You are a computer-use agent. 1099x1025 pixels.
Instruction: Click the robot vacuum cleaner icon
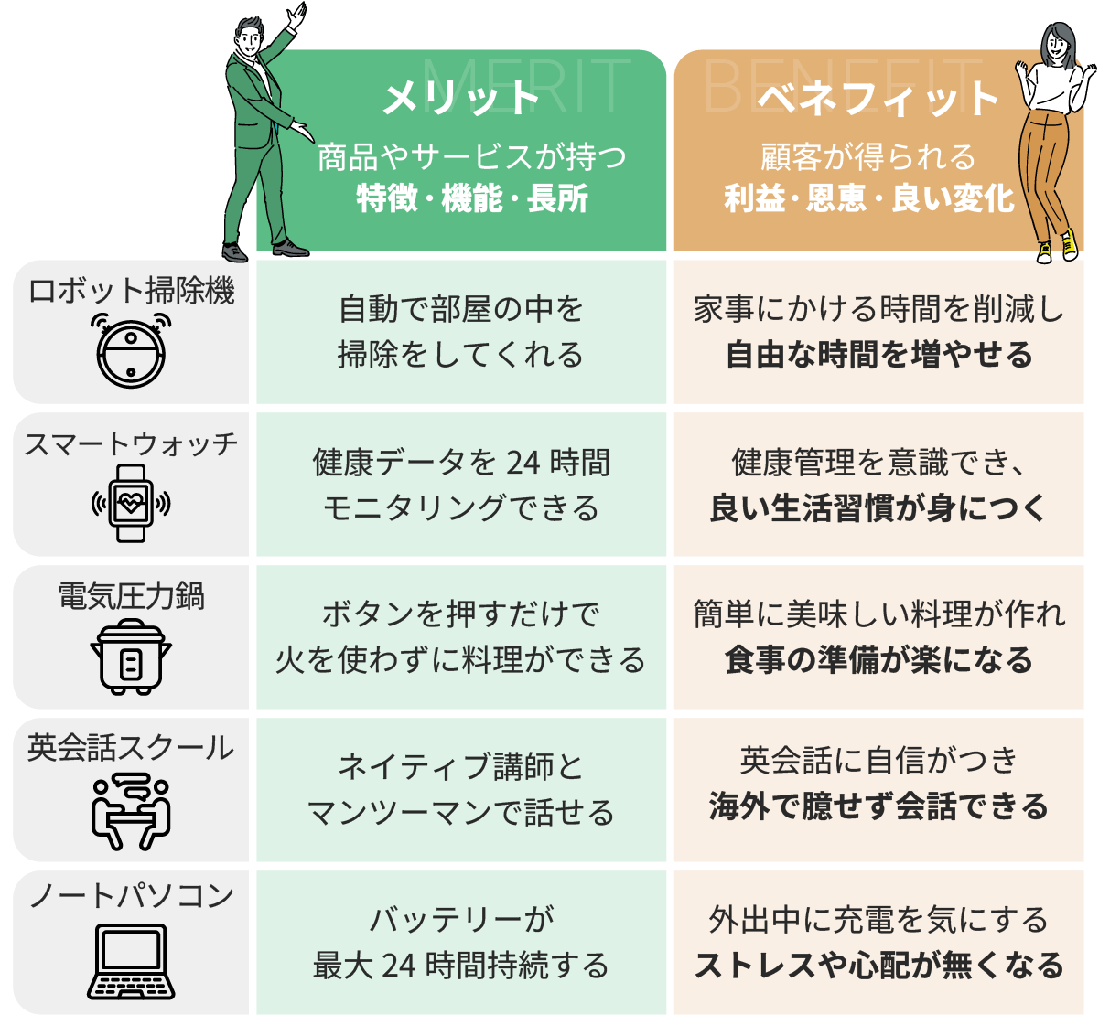point(132,348)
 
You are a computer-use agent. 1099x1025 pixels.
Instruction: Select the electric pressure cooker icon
point(131,656)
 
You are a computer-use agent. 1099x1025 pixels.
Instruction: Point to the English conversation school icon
point(131,810)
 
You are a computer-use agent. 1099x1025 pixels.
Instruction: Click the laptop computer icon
point(131,961)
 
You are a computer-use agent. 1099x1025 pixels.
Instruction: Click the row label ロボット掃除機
point(132,291)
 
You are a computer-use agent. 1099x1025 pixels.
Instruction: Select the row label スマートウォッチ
point(131,444)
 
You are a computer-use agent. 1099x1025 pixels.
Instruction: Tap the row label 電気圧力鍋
point(131,596)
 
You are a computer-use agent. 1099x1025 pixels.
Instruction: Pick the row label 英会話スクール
point(131,748)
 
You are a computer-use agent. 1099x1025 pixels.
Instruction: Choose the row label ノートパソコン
point(131,895)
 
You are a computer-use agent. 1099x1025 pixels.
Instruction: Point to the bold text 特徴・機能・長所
point(472,198)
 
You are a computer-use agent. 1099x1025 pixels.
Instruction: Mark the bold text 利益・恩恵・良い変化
point(869,198)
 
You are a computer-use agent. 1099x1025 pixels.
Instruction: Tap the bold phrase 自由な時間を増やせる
point(878,355)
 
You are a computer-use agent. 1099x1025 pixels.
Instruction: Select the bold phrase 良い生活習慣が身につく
point(878,508)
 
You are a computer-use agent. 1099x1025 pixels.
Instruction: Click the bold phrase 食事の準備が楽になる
point(878,660)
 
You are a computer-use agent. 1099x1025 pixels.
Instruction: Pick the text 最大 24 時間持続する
point(460,966)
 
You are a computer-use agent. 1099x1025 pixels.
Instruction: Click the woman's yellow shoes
point(1057,247)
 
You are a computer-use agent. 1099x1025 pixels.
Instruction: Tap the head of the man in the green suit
point(249,37)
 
